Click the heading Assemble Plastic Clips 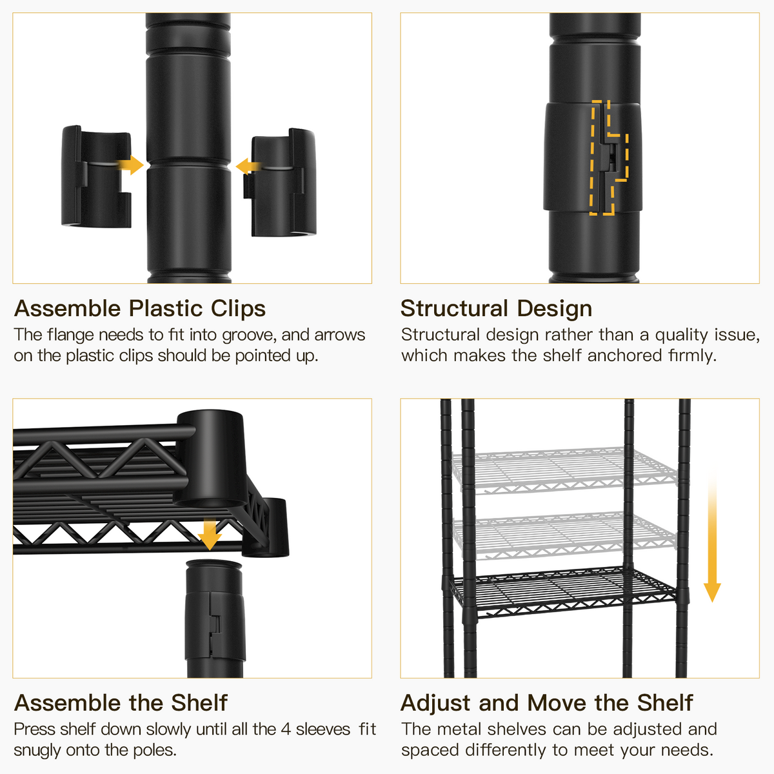(x=140, y=308)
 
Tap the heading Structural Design (x=496, y=308)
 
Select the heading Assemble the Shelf (x=121, y=702)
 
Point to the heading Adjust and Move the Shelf (x=546, y=702)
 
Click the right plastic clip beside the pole (x=283, y=185)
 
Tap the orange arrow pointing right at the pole (x=131, y=165)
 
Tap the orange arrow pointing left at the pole (x=246, y=166)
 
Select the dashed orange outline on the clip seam (x=609, y=158)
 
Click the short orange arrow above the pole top (x=209, y=535)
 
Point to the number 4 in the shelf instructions (x=286, y=729)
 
